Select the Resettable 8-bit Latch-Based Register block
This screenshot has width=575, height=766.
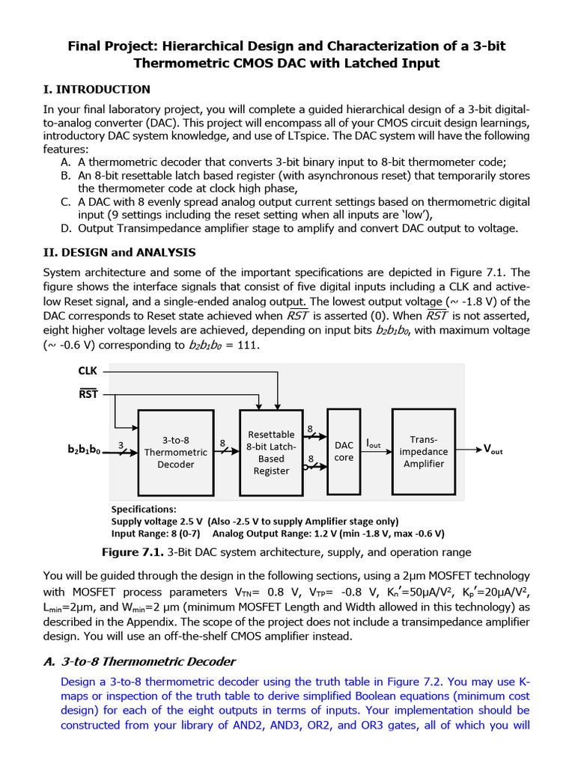tap(271, 452)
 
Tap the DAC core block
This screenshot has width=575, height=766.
tap(344, 451)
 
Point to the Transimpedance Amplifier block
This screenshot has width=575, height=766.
tap(423, 452)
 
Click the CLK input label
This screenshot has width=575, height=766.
tap(88, 371)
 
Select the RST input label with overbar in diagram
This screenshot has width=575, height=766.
tap(88, 393)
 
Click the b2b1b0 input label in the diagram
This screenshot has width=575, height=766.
tap(84, 450)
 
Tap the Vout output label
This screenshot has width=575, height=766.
tap(493, 450)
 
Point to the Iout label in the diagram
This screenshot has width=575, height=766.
tap(373, 444)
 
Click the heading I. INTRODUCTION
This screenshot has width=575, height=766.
tap(97, 90)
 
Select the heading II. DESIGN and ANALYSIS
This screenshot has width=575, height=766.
tap(120, 252)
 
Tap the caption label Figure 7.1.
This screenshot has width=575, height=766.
tap(133, 552)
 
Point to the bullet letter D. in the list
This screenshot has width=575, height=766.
tap(66, 228)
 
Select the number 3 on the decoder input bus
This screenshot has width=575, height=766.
tap(120, 444)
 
